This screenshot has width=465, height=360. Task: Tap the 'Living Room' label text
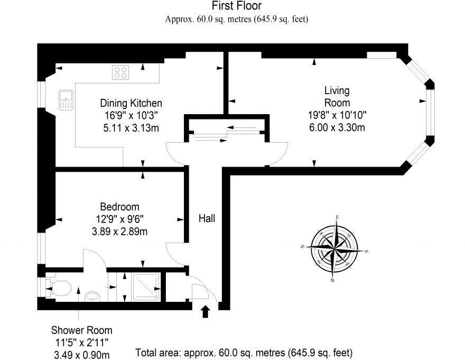337,96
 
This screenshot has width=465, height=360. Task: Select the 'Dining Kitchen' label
131,103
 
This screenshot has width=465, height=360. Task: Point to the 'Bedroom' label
120,207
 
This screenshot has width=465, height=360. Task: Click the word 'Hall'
207,217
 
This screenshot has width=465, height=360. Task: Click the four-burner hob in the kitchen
120,72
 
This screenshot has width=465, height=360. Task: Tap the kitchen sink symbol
66,99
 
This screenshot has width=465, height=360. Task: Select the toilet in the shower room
59,288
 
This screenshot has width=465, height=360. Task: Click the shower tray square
146,287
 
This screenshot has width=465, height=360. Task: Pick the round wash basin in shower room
93,294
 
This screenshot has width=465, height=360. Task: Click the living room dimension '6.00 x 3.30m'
337,127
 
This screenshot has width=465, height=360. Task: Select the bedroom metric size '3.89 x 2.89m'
119,230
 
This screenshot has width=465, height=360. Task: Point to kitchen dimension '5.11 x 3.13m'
131,127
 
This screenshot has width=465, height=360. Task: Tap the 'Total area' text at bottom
244,352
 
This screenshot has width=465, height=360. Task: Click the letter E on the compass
337,217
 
